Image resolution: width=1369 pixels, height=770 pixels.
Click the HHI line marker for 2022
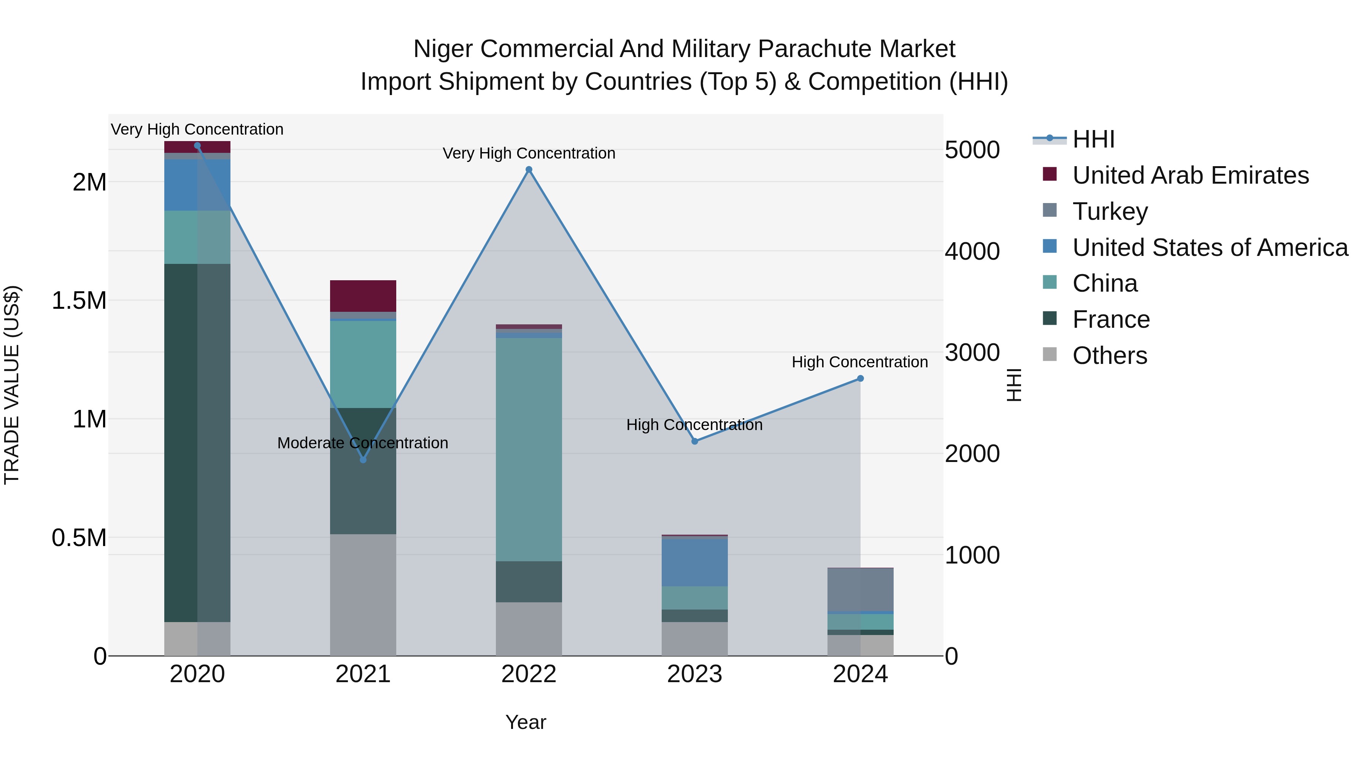[x=529, y=170]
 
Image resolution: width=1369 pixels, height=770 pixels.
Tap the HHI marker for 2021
[x=363, y=460]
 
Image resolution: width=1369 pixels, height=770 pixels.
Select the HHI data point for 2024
[x=861, y=379]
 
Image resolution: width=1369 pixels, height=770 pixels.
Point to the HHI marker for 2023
[x=695, y=441]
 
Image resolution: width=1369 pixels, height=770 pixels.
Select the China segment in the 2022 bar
[x=529, y=449]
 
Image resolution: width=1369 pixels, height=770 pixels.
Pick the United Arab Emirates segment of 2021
[x=363, y=296]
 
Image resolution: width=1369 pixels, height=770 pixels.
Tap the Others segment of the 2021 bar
[x=363, y=595]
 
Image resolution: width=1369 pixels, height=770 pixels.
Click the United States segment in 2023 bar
[x=695, y=563]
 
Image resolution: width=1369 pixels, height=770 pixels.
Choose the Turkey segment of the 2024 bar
[x=861, y=590]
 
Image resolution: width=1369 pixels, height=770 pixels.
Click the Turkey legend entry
[x=1110, y=211]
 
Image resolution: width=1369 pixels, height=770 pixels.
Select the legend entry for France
[x=1111, y=320]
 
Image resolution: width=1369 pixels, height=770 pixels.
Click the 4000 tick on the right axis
[x=972, y=251]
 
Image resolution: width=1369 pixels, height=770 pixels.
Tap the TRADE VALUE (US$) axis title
[x=12, y=385]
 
